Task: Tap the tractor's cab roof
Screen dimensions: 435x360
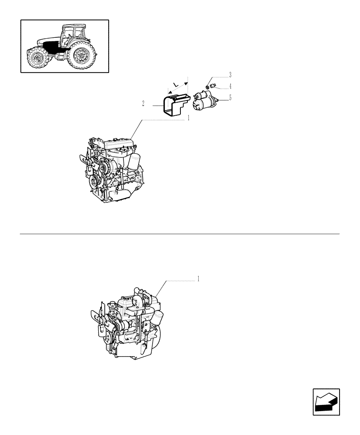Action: [72, 27]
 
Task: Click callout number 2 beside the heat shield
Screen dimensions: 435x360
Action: [143, 104]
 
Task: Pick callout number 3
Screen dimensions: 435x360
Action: [230, 74]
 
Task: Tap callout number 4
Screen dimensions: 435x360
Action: [230, 86]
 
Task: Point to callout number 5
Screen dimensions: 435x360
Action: [230, 98]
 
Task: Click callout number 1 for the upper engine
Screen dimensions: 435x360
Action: [188, 118]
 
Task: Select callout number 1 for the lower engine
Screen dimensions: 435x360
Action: [198, 278]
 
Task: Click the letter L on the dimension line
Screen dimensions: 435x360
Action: [175, 83]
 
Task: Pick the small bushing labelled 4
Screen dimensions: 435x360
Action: [213, 86]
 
